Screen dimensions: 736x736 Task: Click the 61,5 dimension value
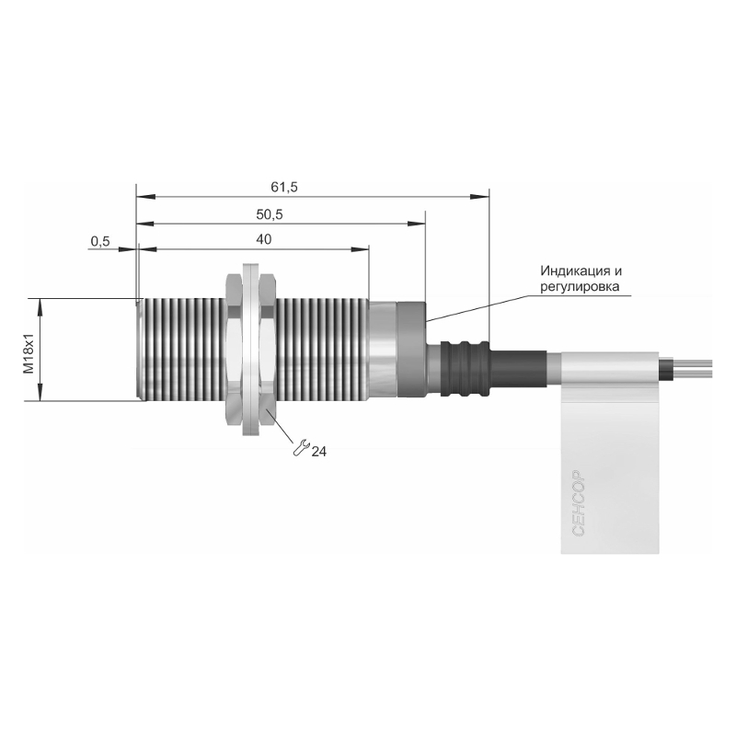tap(284, 188)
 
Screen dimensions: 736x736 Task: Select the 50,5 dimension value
tap(270, 215)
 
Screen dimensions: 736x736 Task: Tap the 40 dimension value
tap(264, 239)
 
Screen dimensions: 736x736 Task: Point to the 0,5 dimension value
tap(100, 241)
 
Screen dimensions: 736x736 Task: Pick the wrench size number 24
tap(318, 452)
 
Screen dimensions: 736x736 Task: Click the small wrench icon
tap(301, 447)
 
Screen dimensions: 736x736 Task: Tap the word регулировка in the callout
tap(580, 286)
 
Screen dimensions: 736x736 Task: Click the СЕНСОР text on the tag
tap(579, 502)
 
